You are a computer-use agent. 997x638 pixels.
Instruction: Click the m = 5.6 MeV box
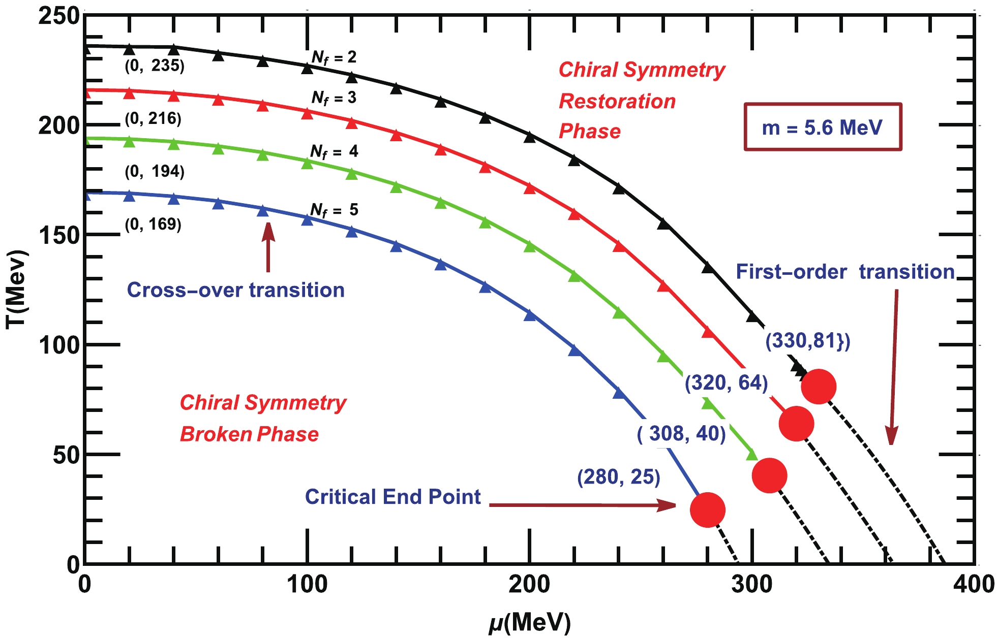(823, 127)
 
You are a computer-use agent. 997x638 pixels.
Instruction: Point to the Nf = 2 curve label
(334, 58)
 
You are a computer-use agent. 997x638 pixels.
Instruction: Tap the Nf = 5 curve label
(334, 210)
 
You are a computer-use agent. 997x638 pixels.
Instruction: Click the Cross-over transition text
(235, 290)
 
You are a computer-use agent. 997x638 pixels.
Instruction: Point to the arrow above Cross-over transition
(268, 247)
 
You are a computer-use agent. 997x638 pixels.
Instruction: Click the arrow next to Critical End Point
(582, 505)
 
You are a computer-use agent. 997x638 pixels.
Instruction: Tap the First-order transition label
(845, 272)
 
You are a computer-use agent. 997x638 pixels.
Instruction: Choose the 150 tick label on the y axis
(59, 235)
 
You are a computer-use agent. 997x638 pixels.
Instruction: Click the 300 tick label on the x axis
(751, 585)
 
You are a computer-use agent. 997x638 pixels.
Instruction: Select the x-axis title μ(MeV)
(529, 622)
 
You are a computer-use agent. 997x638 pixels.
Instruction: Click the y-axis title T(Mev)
(16, 290)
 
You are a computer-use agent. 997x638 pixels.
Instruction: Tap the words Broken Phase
(249, 434)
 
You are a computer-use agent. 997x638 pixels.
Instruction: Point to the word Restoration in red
(617, 101)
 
